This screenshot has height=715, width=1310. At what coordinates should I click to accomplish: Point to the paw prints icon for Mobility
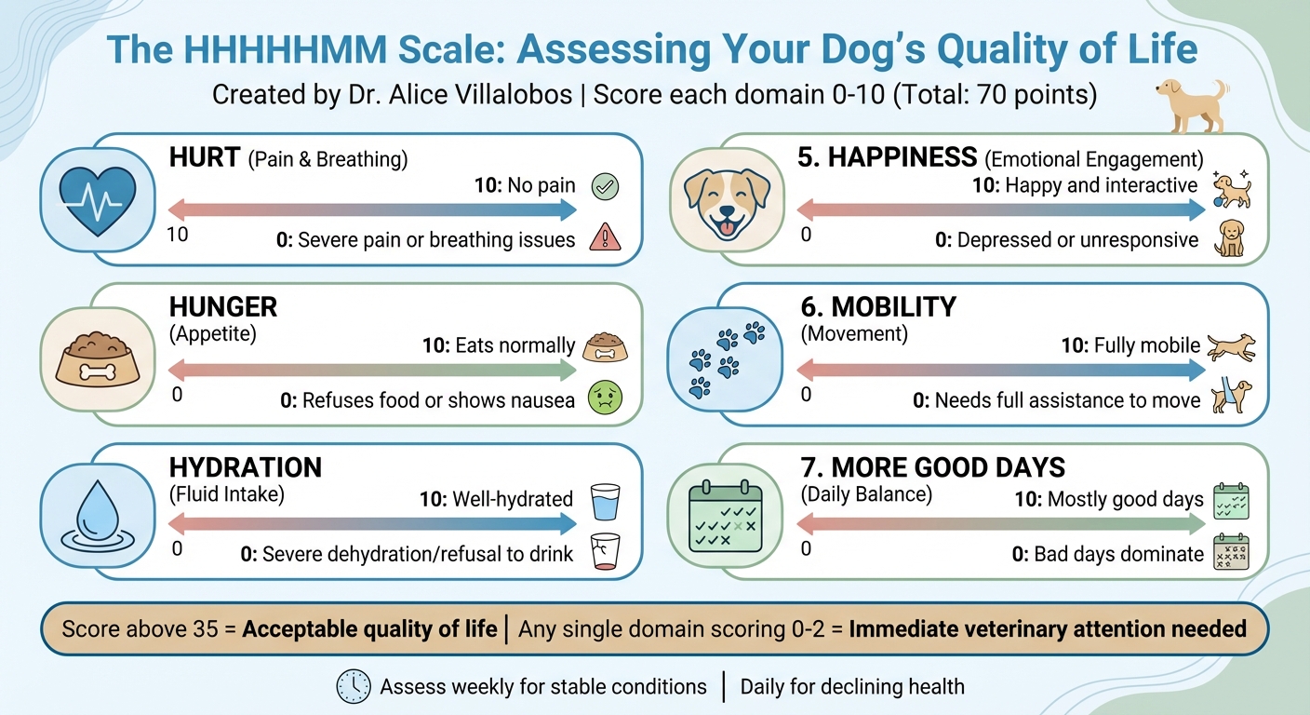(727, 358)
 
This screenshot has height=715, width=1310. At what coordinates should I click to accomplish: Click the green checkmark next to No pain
(605, 186)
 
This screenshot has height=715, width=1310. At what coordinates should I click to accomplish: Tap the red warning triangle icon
(605, 239)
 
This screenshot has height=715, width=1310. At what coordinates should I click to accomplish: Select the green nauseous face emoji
(605, 399)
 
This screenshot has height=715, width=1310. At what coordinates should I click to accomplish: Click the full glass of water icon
(605, 500)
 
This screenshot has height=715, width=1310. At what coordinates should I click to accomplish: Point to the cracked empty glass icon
(605, 552)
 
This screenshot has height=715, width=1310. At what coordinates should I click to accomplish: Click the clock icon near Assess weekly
(354, 687)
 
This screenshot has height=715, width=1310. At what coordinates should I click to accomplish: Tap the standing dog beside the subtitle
(1191, 103)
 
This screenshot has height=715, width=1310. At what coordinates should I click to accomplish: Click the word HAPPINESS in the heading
(902, 157)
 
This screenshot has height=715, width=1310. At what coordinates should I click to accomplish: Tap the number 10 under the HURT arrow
(177, 235)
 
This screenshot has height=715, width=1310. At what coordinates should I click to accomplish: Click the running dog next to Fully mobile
(1230, 347)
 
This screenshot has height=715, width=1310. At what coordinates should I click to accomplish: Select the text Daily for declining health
(851, 687)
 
